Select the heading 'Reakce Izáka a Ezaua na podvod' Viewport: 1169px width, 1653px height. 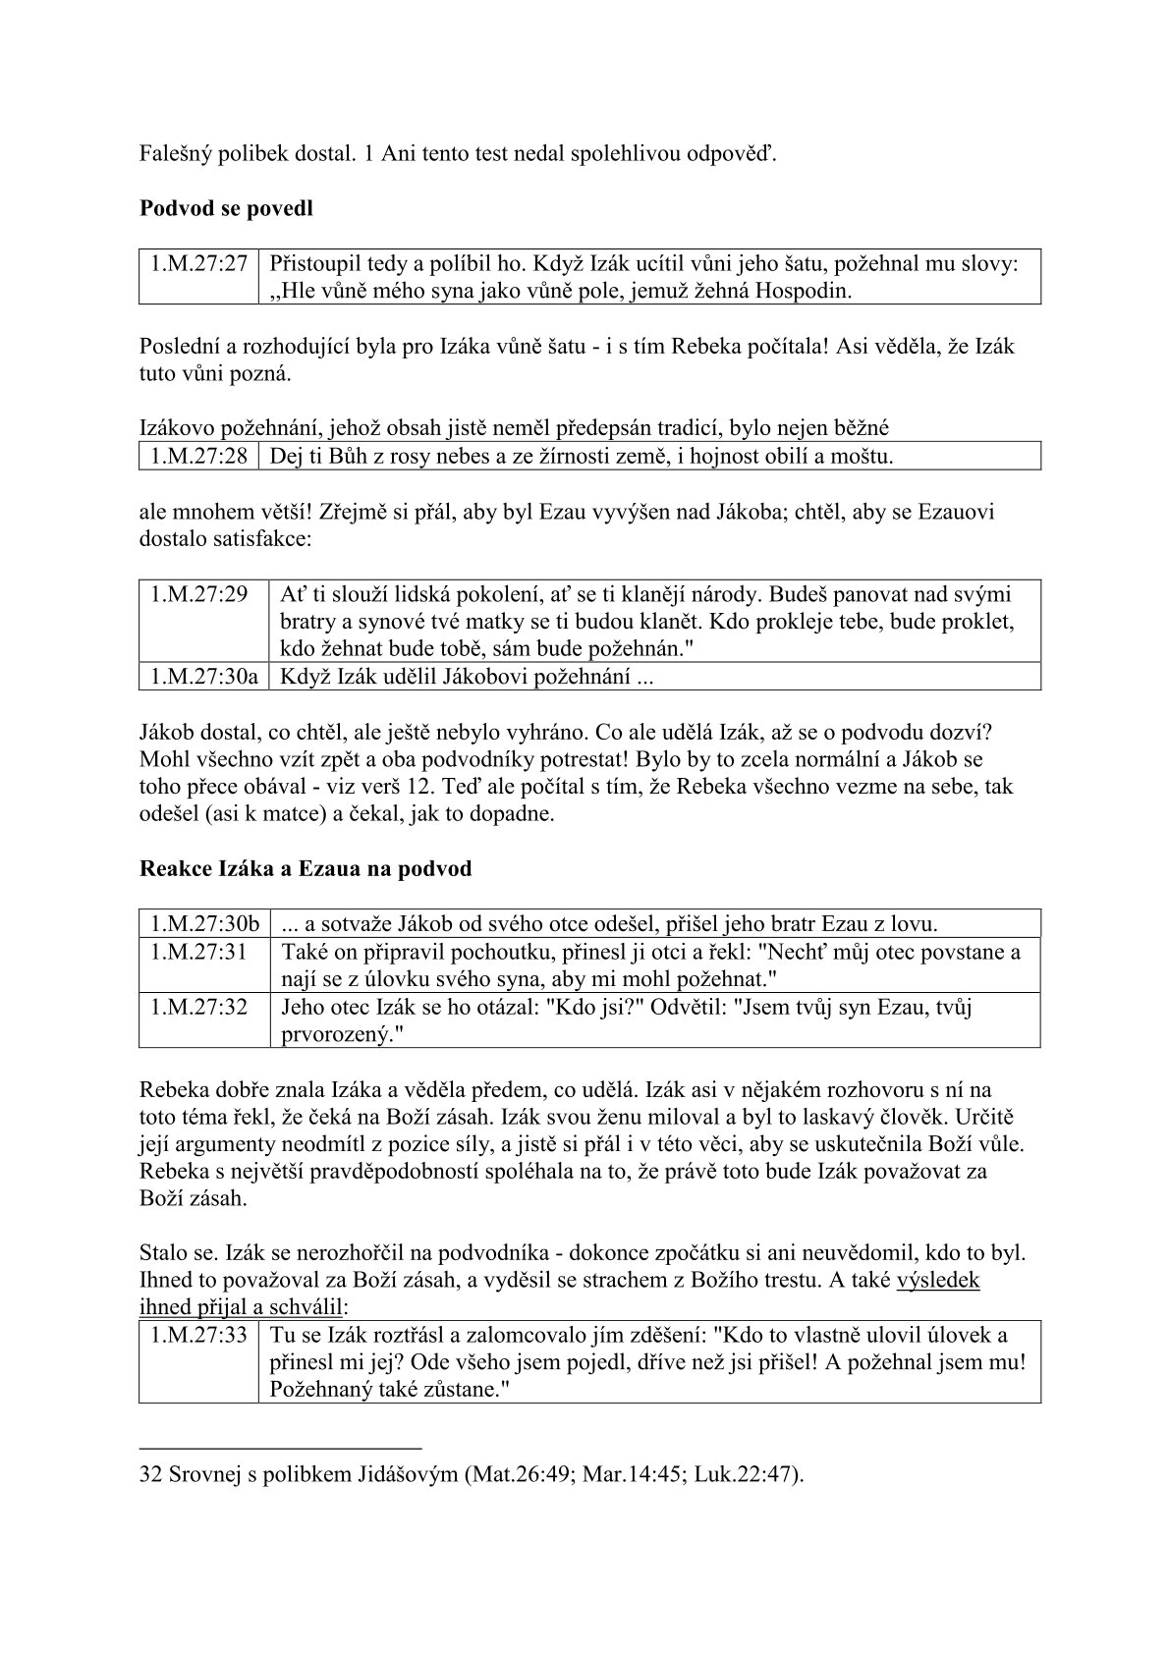(x=306, y=869)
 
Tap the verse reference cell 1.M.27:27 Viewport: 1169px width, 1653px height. (x=198, y=264)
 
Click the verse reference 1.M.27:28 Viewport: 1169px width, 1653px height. (x=198, y=457)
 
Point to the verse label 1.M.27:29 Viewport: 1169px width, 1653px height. (x=198, y=595)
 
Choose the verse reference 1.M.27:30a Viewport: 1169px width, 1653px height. (x=204, y=677)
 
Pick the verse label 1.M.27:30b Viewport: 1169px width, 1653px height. (x=204, y=924)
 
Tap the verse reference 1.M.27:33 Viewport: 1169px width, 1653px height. (x=198, y=1336)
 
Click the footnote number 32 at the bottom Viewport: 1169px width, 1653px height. (x=151, y=1474)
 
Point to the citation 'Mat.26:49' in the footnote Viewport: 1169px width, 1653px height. (x=522, y=1474)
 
